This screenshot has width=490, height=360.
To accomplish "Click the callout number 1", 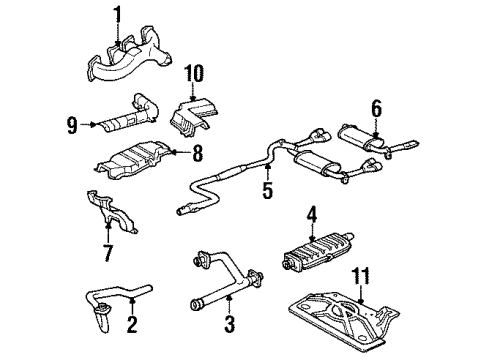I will pos(116,15).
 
